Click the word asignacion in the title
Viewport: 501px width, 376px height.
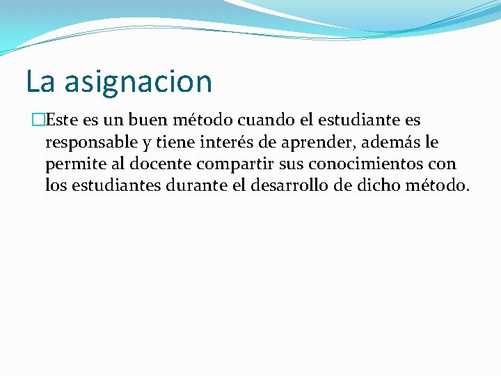pos(138,82)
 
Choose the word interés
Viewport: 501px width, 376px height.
pos(229,143)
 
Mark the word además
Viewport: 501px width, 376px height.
pos(391,143)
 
